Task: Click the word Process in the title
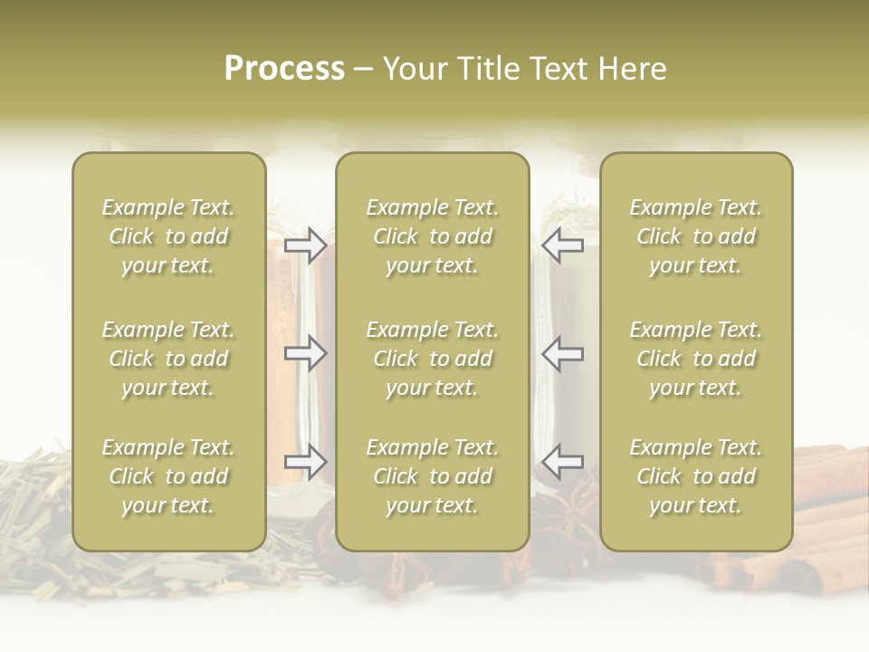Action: pos(284,69)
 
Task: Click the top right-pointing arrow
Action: pos(306,244)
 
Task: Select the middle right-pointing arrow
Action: pos(306,353)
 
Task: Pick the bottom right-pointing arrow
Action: pos(306,462)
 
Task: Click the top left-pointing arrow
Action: pos(562,244)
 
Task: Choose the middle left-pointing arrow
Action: pos(562,353)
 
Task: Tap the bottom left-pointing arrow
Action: pos(562,462)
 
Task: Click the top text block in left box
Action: pos(168,236)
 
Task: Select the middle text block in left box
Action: pos(168,359)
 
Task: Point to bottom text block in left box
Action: pos(168,476)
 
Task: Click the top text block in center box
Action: pos(433,236)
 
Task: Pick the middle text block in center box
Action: pos(433,359)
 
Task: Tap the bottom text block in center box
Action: pos(433,476)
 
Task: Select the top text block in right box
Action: pos(696,236)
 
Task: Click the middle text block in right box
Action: pos(696,359)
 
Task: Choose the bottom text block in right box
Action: pos(696,476)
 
